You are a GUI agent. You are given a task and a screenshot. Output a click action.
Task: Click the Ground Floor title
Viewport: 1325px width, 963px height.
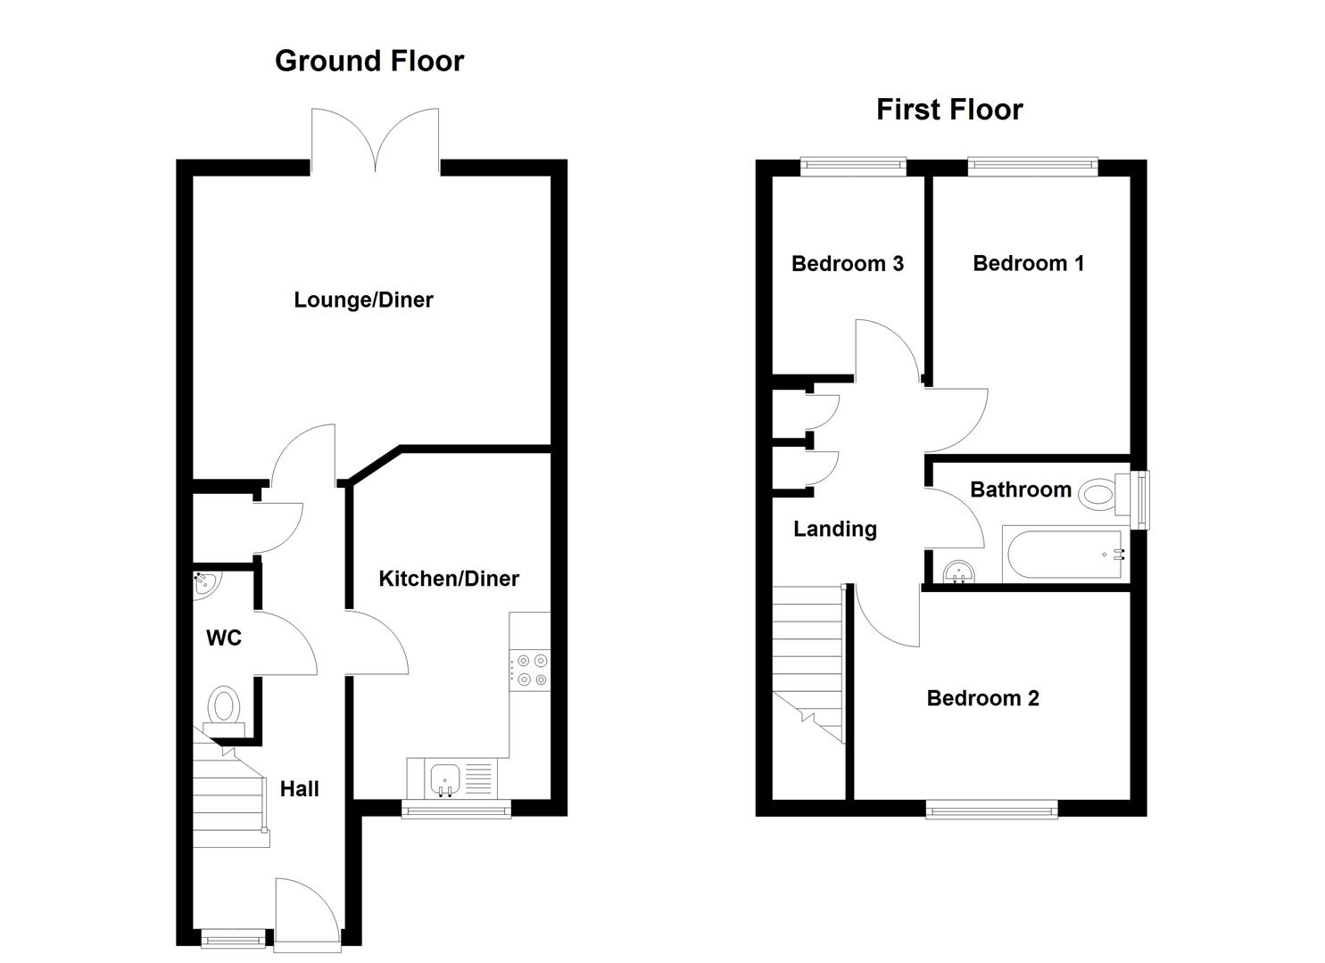pos(369,61)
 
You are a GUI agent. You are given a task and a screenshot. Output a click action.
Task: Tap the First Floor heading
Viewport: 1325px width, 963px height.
pos(949,110)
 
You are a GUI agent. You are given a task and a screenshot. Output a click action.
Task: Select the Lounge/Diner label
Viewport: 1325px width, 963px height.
pos(363,300)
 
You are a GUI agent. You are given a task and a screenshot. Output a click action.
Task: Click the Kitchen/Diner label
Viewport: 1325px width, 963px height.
pos(449,579)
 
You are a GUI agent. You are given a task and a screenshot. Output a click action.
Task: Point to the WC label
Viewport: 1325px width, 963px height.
pos(223,638)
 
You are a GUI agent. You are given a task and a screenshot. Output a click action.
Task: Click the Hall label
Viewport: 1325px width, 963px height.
pos(299,789)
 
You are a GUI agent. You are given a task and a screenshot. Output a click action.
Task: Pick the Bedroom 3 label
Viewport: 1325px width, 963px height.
pos(847,264)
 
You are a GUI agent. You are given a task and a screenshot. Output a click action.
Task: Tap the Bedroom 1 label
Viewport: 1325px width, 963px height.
pos(1028,264)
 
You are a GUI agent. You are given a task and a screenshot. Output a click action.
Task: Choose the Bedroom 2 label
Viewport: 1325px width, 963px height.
pos(982,698)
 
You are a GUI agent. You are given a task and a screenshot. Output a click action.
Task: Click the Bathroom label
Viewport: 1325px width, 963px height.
pos(1021,490)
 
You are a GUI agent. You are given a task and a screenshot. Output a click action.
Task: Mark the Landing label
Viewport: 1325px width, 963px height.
pos(835,530)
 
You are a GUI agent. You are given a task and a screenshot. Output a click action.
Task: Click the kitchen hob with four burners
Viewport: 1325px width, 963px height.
pos(530,671)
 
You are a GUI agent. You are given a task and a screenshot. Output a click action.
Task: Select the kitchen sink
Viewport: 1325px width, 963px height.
pos(444,778)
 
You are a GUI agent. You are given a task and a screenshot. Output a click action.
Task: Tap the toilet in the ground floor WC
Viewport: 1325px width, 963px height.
pos(224,710)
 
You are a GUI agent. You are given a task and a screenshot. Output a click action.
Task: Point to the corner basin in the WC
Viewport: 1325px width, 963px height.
pos(204,583)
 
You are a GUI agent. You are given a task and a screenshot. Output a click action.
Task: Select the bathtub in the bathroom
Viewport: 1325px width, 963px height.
pos(1064,556)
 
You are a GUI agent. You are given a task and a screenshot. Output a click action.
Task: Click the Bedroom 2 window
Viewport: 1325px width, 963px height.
pos(991,810)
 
